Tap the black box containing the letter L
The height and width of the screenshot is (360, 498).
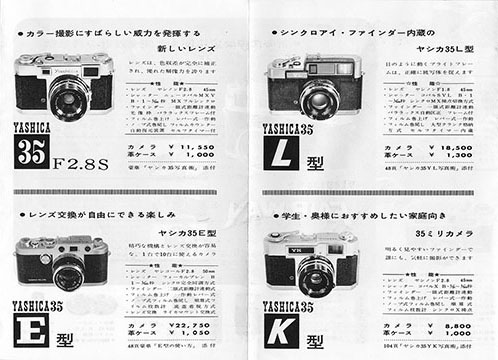click(x=285, y=154)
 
